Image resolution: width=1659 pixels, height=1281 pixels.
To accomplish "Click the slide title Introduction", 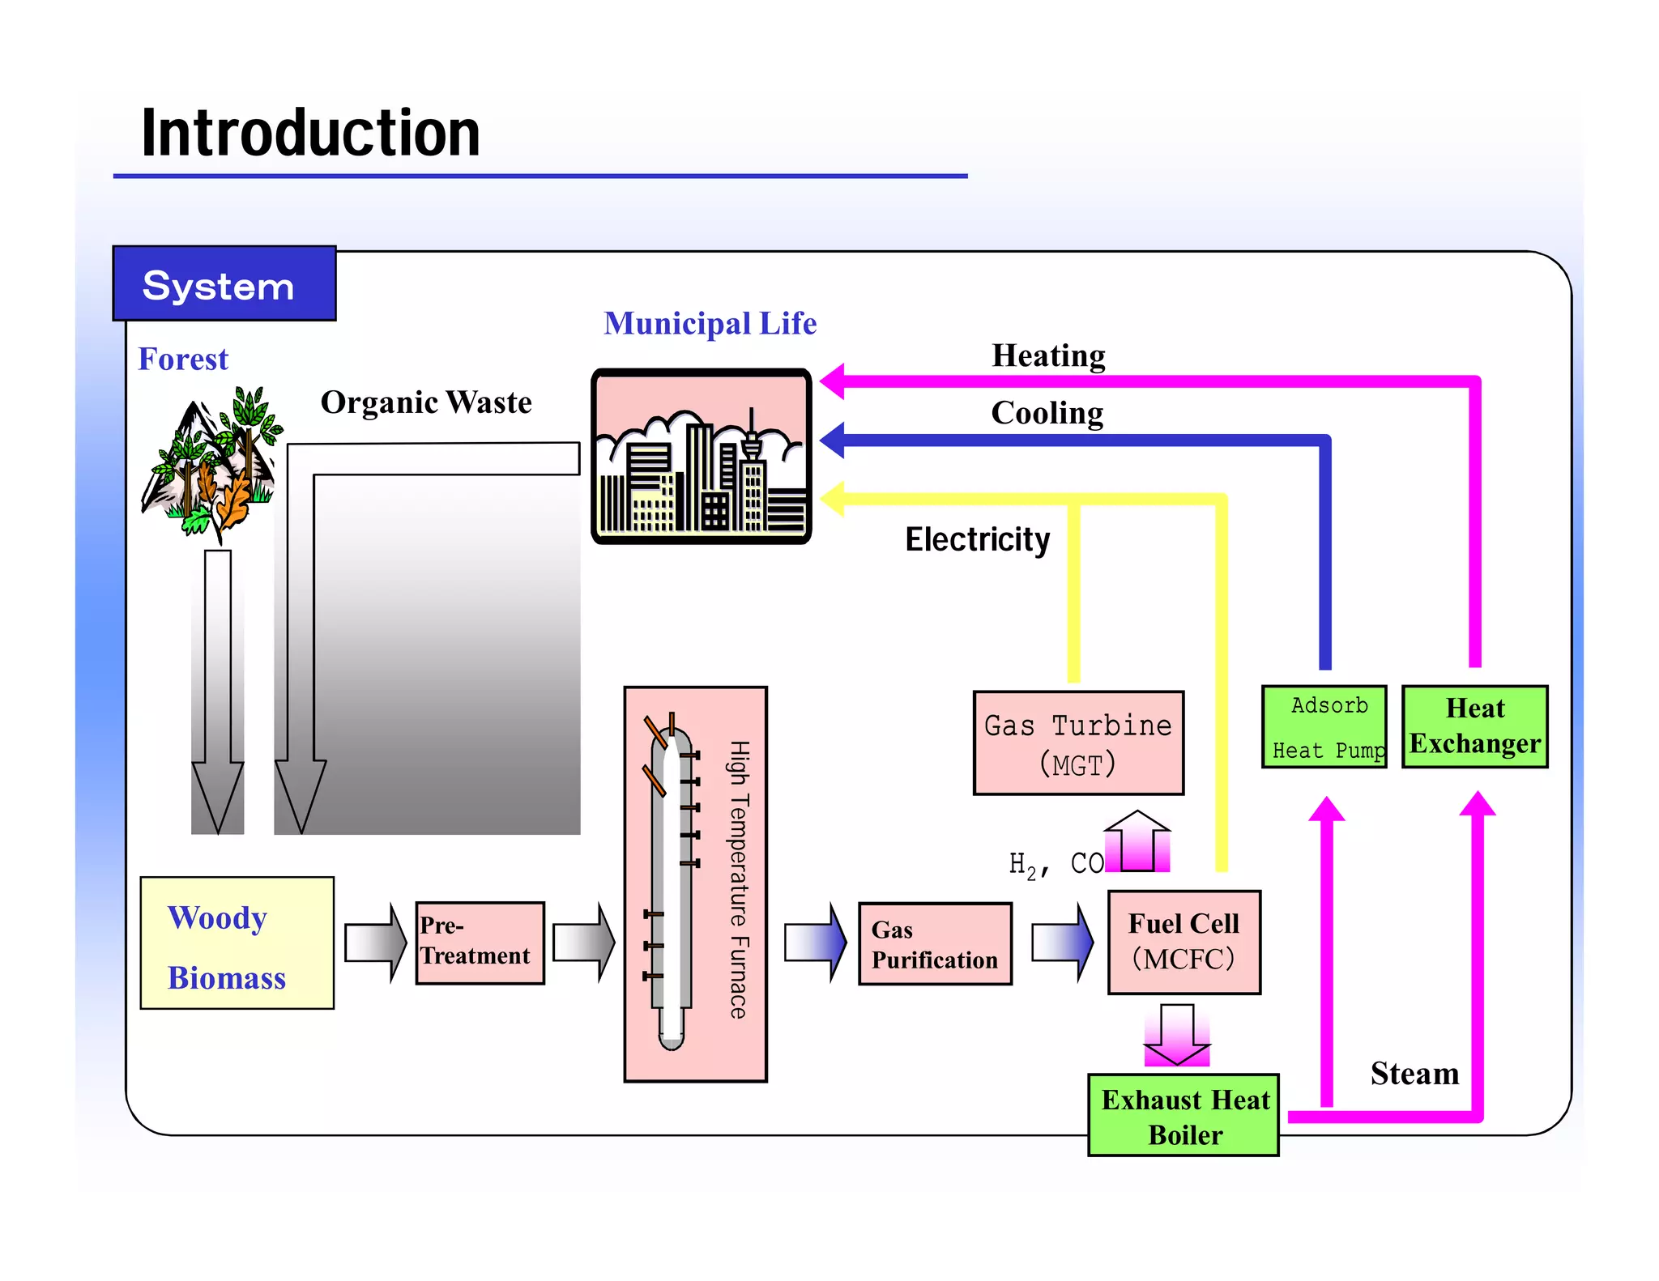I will [x=310, y=134].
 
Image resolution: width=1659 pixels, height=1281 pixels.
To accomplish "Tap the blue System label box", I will [x=224, y=284].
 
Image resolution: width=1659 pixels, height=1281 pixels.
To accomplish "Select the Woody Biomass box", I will [x=237, y=943].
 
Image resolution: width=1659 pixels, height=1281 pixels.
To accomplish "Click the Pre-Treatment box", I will [x=480, y=943].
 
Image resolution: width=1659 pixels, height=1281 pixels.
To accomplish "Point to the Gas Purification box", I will [x=935, y=944].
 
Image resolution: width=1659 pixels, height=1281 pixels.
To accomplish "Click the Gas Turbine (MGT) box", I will [x=1077, y=743].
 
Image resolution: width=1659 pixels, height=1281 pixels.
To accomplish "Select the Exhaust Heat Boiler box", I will [x=1183, y=1116].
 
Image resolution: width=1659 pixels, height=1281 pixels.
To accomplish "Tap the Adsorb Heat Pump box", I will [x=1324, y=727].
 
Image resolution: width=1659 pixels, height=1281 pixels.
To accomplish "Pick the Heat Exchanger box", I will [x=1474, y=727].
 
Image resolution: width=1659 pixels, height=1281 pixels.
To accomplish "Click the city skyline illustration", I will [x=702, y=457].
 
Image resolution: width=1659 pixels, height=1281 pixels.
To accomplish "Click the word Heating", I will [x=1048, y=356].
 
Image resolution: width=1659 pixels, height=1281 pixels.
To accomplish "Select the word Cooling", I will [x=1047, y=414].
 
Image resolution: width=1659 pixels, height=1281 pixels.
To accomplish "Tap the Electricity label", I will [x=977, y=539].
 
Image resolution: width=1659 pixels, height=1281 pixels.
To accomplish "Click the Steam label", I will [x=1414, y=1074].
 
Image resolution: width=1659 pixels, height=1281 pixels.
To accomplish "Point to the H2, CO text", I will [x=1055, y=865].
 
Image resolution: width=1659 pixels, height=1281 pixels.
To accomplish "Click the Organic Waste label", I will [x=426, y=402].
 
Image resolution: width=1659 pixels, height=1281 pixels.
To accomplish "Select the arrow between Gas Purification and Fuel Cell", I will [x=1062, y=943].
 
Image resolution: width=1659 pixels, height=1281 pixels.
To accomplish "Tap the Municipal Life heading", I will [x=710, y=324].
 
